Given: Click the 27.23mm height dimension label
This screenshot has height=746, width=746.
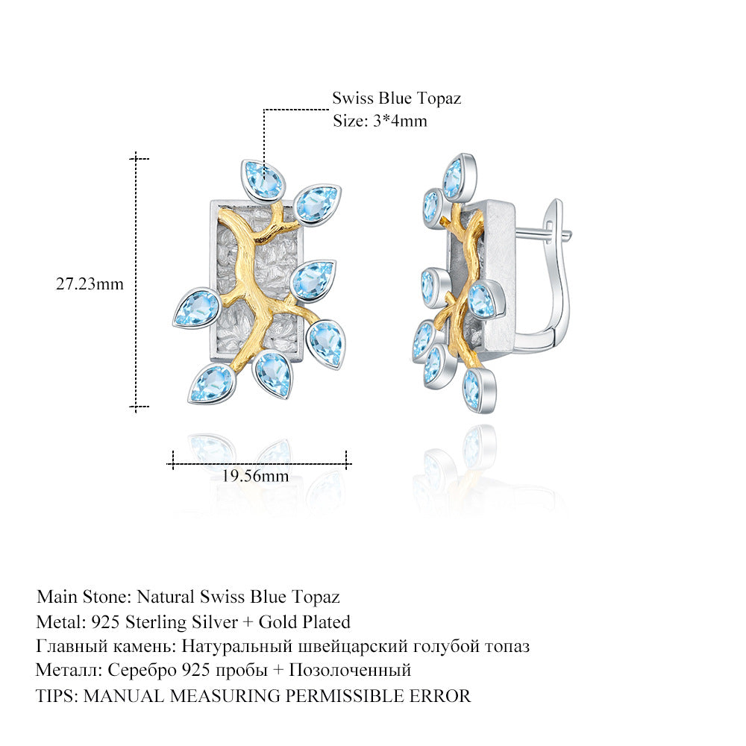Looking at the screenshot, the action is click(90, 284).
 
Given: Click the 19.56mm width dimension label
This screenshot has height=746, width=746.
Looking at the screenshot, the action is click(255, 476).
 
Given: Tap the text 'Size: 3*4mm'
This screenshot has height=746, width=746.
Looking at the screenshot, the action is click(380, 121).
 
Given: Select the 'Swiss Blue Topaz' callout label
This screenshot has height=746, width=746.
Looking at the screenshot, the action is click(397, 98).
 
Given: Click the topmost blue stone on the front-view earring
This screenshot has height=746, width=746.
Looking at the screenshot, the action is click(263, 179).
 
